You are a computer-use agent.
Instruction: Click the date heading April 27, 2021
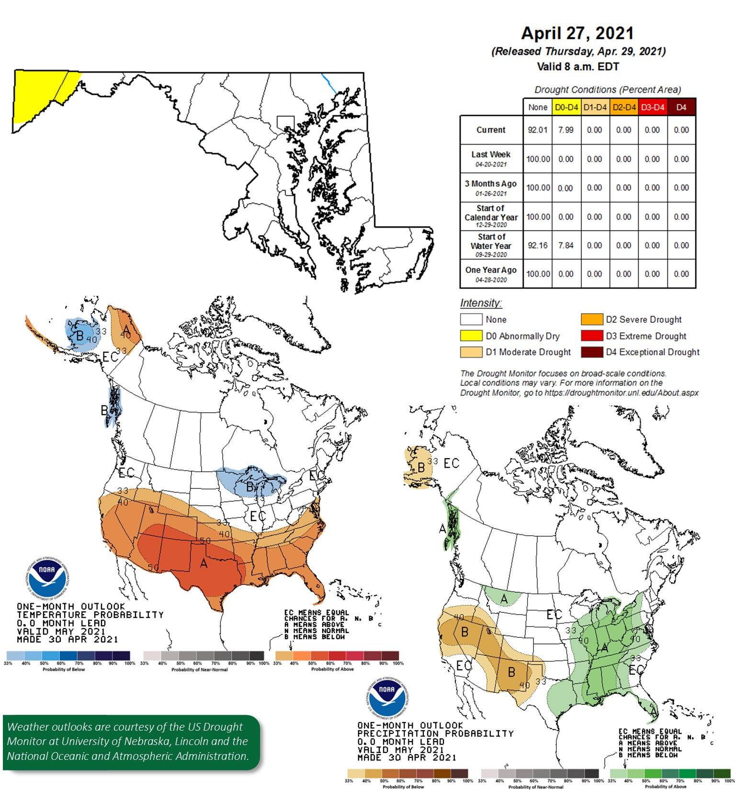tap(577, 33)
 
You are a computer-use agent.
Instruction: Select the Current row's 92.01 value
tap(537, 130)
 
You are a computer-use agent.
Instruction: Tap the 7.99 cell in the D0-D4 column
tap(566, 130)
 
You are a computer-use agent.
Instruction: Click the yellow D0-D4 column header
tap(566, 107)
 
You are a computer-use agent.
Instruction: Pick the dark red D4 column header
tap(681, 107)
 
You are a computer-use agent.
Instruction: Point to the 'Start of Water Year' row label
tap(491, 245)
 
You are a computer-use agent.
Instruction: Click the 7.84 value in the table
tap(566, 245)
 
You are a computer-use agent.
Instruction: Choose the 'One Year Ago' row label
tap(491, 273)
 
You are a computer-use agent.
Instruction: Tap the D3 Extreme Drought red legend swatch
tap(591, 336)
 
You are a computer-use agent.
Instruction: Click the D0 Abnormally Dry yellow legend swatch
tap(471, 336)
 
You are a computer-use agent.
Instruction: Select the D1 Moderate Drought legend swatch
tap(471, 352)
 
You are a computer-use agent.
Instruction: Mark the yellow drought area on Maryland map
tap(38, 93)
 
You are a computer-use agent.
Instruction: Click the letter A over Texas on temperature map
tap(204, 564)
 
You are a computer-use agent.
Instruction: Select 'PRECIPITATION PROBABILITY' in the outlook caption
tap(435, 734)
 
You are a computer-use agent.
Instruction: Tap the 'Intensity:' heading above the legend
tap(481, 303)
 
